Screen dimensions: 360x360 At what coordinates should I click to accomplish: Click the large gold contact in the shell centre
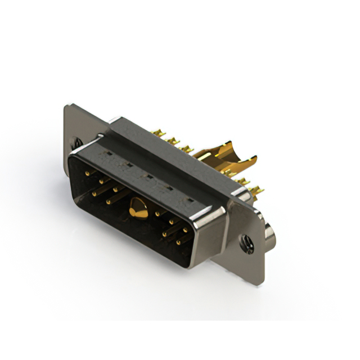(137, 208)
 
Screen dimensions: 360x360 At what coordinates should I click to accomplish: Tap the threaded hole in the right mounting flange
(246, 245)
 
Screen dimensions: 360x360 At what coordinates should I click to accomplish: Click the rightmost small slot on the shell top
(190, 200)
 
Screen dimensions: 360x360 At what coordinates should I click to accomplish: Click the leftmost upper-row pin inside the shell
(87, 174)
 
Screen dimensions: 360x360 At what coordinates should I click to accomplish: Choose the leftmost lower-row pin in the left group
(94, 193)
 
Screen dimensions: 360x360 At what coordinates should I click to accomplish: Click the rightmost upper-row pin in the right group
(185, 230)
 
